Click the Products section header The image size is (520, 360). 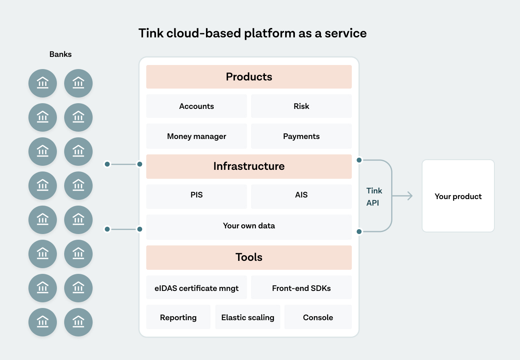[249, 77]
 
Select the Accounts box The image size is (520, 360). [197, 106]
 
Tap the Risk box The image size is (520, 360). [301, 106]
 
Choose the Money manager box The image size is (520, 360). [197, 136]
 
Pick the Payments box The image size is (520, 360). [301, 136]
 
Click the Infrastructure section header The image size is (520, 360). [249, 167]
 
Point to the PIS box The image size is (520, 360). [197, 197]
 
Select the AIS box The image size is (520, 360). [301, 197]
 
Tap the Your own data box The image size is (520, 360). [249, 227]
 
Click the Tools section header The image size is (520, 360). [249, 258]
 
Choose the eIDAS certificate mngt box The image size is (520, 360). [197, 287]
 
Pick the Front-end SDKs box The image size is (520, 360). [301, 287]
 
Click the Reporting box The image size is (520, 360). [178, 317]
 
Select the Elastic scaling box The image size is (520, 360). [248, 317]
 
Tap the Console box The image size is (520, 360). [318, 317]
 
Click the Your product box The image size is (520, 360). [458, 196]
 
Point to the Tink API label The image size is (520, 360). [374, 197]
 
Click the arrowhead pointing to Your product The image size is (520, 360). [410, 196]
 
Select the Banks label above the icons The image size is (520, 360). [61, 54]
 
